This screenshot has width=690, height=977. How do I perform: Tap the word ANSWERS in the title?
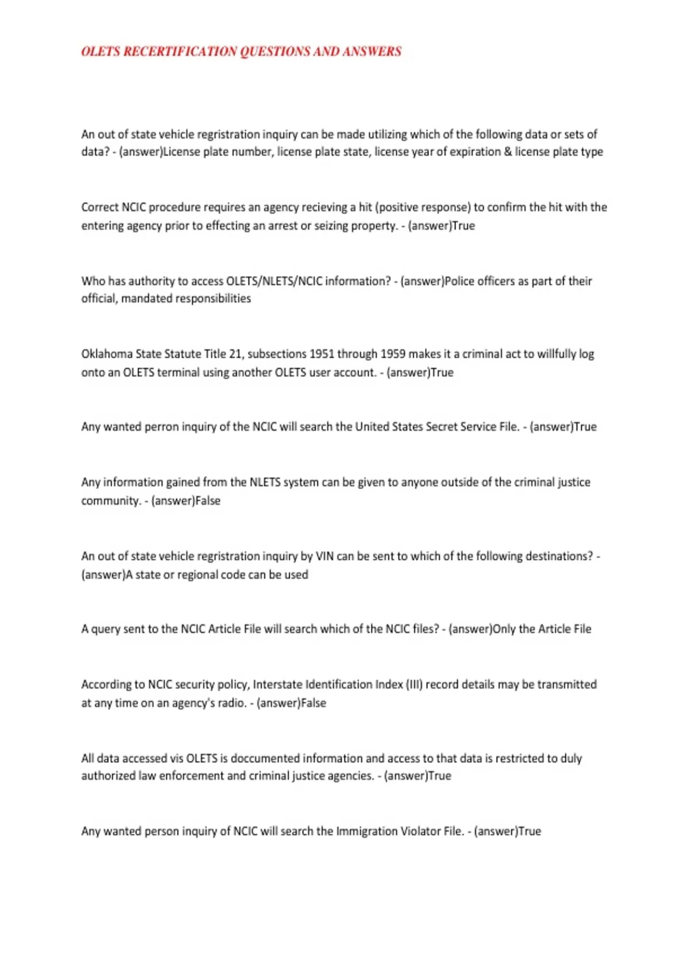click(371, 52)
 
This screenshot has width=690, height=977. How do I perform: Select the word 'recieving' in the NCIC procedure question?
click(324, 207)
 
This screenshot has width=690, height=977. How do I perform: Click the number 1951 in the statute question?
click(322, 354)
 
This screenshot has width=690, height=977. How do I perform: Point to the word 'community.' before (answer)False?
click(110, 501)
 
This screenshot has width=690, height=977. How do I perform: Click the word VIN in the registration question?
click(325, 556)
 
